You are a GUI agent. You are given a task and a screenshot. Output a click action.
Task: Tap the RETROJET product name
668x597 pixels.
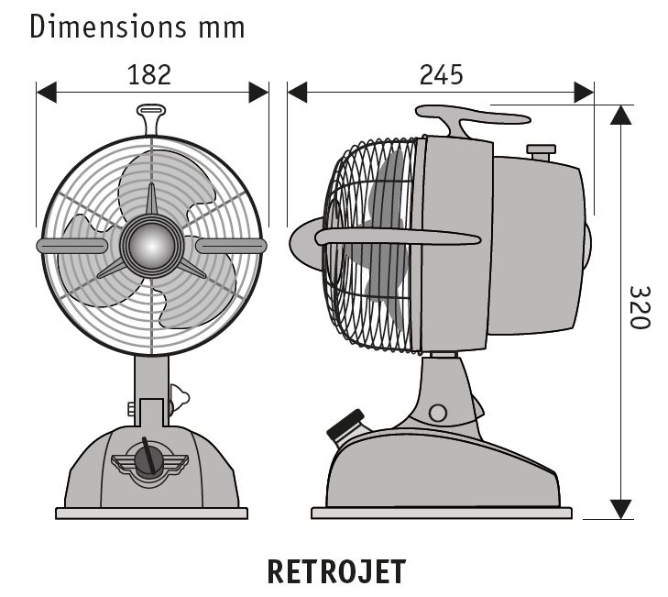pos(335,570)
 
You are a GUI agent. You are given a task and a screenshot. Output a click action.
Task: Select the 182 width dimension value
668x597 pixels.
pos(150,74)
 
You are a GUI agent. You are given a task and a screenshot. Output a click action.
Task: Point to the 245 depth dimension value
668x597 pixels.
pos(441,74)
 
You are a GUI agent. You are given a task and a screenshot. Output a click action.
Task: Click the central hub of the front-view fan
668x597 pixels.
pos(151,245)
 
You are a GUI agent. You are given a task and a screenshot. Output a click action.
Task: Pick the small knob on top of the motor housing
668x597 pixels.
pos(542,150)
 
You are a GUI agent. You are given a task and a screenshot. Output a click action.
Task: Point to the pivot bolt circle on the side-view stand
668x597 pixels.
pos(438,412)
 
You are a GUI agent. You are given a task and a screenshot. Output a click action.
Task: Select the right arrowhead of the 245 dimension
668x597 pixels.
pos(584,93)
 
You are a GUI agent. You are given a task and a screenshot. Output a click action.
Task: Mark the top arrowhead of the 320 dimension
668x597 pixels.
pos(621,116)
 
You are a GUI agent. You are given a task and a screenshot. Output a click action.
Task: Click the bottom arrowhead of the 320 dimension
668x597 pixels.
pos(621,508)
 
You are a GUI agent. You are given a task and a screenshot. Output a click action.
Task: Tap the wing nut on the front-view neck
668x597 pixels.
pos(179,398)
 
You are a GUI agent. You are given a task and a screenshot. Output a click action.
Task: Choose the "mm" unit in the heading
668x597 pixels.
pos(221,28)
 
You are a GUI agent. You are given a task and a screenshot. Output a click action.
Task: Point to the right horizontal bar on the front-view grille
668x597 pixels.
pos(230,245)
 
